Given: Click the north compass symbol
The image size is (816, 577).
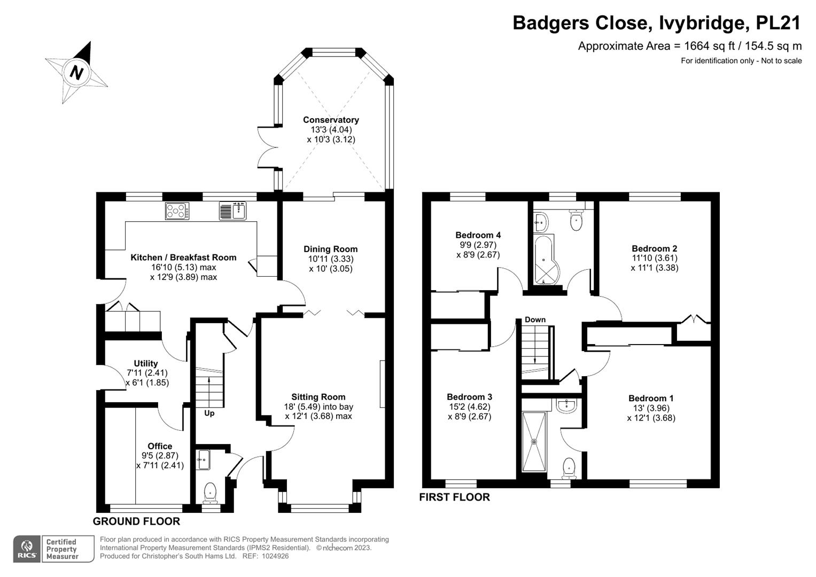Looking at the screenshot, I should (76, 72).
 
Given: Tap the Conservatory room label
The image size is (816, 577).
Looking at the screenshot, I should (331, 120).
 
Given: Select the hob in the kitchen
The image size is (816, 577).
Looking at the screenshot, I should (177, 211).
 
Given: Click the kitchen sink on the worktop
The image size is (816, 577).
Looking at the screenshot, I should (232, 211).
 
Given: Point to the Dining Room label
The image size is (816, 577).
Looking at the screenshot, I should (330, 249).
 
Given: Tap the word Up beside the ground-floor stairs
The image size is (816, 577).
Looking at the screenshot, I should (209, 413).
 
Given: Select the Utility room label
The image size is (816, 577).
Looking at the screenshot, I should (145, 363).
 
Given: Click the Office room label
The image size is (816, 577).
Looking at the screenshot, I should (160, 446).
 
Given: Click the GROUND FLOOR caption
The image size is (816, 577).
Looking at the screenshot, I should (136, 521).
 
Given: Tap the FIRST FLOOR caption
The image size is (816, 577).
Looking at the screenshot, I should (454, 497).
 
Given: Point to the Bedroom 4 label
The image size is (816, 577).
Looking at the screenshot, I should (478, 235).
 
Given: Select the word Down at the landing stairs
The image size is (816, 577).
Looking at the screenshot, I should (535, 319).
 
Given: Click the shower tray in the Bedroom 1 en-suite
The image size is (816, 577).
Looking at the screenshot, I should (533, 442).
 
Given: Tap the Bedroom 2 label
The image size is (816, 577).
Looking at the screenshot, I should (654, 248).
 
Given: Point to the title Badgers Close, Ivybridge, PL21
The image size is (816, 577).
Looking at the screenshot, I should (657, 23).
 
